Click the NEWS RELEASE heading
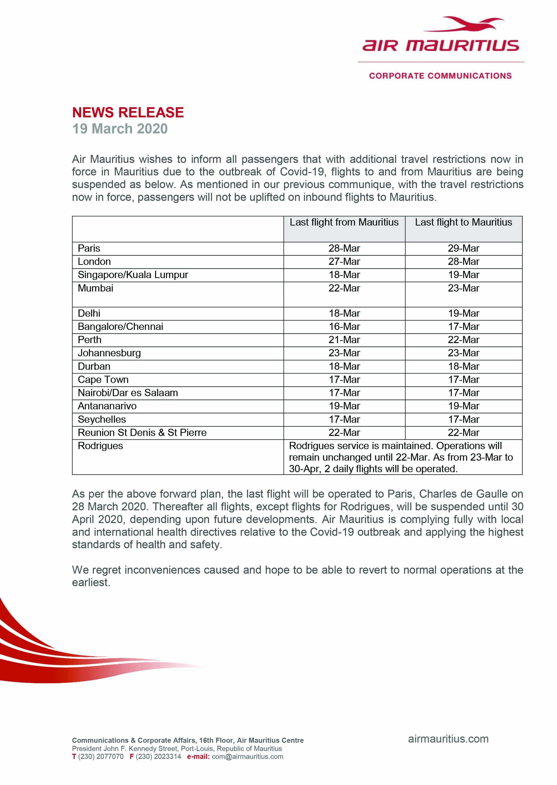pos(128,112)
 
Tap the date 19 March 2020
pos(120,129)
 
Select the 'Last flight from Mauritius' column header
pos(344,222)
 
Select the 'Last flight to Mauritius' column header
pos(463,222)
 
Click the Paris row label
pos(89,248)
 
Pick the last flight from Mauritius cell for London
pos(344,262)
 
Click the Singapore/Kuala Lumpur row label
pos(133,275)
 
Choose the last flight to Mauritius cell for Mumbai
pos(463,288)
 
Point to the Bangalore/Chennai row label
pos(120,327)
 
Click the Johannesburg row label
pos(109,353)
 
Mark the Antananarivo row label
pos(107,406)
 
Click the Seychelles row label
pos(102,419)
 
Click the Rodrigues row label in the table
pos(100,446)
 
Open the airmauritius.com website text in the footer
pos(448,739)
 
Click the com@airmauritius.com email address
pos(247,756)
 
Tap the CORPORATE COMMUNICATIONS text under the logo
pos(440,76)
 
